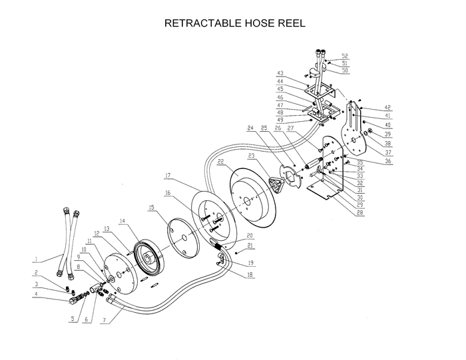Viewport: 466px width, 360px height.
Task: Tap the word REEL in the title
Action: [292, 23]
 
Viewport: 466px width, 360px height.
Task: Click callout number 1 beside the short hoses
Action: [37, 258]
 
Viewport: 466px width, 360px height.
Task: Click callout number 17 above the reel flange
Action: [169, 175]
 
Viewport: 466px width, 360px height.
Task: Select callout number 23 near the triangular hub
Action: [250, 156]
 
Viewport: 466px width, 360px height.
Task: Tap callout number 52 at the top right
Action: [345, 55]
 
